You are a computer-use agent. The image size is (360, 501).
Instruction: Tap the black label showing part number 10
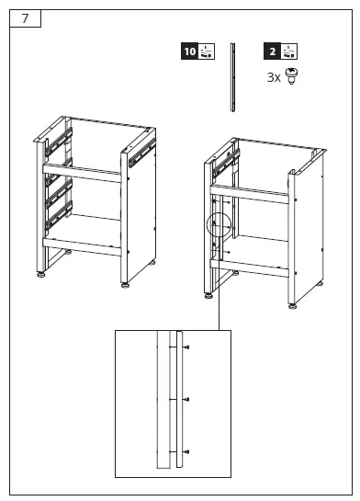click(189, 53)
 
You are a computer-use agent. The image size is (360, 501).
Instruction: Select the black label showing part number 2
click(272, 53)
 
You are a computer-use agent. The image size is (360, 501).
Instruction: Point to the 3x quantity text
click(274, 78)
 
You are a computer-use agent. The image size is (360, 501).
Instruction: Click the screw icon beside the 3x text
click(291, 78)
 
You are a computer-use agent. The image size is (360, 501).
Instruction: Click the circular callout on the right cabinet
click(219, 225)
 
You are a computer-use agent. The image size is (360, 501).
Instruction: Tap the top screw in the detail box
click(186, 347)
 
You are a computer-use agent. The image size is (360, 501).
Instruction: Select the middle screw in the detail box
click(186, 399)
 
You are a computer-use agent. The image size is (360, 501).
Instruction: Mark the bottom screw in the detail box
click(186, 450)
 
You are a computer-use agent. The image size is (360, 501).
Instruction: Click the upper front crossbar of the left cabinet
click(84, 174)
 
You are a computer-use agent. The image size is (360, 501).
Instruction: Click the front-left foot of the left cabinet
click(41, 273)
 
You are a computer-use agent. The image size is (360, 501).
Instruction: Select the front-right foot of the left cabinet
click(124, 284)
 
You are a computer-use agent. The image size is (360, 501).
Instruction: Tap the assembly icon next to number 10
click(206, 53)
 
